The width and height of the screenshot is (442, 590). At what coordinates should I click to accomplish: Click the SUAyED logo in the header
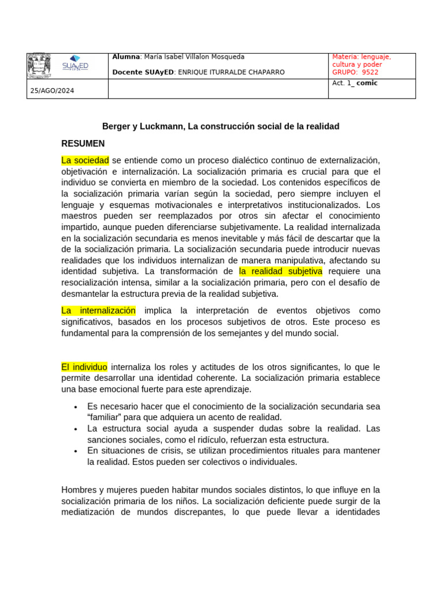coord(75,63)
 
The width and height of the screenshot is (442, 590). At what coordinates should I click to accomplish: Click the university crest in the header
coord(39,66)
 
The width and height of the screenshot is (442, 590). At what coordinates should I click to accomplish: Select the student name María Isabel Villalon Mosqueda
coord(194,57)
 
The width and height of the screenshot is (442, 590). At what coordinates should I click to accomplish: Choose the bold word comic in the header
coord(367,83)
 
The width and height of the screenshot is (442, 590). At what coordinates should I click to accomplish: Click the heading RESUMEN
coord(83,143)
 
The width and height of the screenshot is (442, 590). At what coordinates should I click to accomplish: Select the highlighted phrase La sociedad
coord(85,160)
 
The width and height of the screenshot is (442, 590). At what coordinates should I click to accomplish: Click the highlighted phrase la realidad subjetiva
coord(280,271)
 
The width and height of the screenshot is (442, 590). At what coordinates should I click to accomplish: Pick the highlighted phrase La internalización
coord(98,311)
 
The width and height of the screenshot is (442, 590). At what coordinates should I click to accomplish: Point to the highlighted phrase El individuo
coord(85,367)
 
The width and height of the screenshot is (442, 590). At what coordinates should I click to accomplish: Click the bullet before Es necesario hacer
coord(76,407)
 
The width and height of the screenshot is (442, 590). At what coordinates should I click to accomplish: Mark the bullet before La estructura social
coord(76,429)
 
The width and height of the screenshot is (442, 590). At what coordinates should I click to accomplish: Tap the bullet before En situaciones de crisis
coord(76,451)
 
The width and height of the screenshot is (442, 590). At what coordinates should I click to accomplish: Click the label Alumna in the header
coord(126,57)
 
